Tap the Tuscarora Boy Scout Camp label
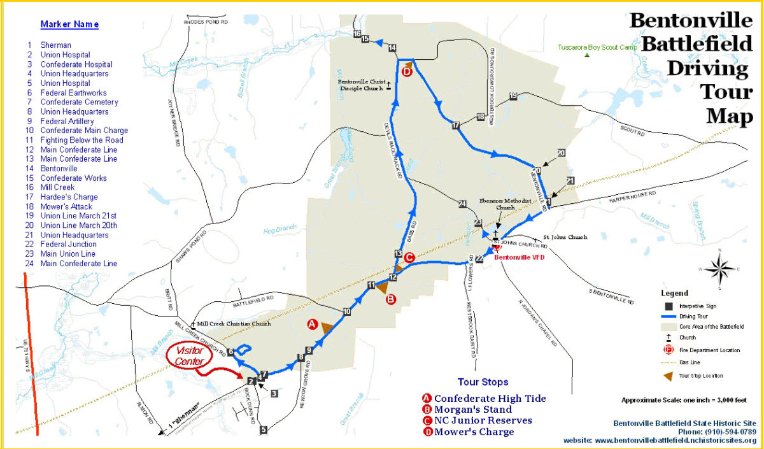pos(597,47)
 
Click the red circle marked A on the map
pos(312,324)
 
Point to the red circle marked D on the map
pos(407,72)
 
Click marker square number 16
pos(357,34)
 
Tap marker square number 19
pos(513,96)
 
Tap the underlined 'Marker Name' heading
pos(69,25)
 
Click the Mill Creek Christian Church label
pos(234,324)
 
